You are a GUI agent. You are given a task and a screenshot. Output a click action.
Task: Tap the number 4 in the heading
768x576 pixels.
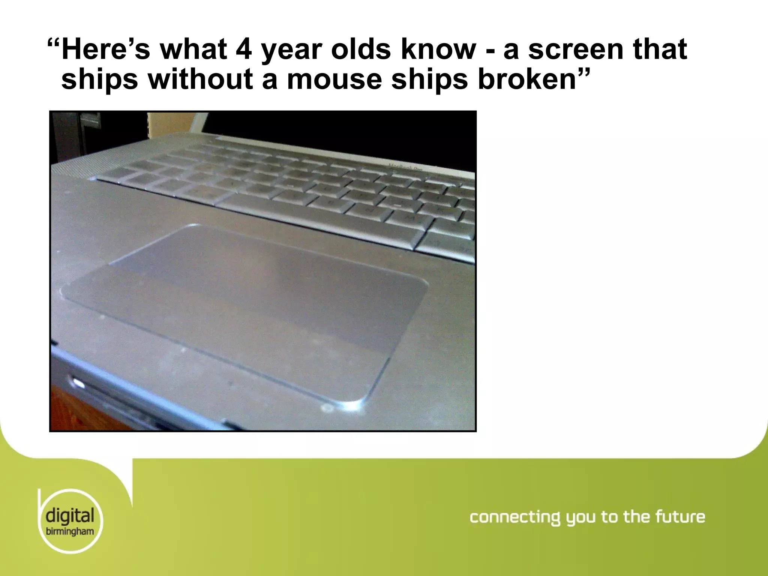click(x=244, y=49)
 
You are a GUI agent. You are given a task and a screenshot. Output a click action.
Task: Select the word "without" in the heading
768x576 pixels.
click(x=201, y=79)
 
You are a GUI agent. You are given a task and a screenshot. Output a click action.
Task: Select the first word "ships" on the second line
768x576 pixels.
click(x=100, y=80)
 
